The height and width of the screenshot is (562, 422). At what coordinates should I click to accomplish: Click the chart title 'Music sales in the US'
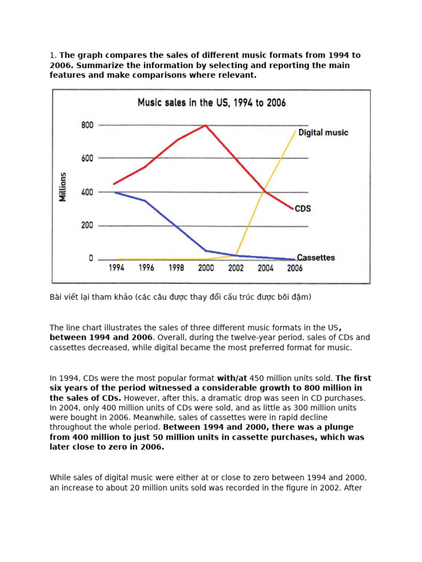tap(211, 103)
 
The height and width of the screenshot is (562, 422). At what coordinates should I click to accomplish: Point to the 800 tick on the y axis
tap(88, 125)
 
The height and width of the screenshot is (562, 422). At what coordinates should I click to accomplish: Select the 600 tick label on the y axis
tap(88, 159)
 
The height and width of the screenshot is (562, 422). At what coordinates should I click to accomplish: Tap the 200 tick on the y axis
tap(88, 226)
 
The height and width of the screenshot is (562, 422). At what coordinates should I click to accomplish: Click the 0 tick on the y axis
tap(91, 258)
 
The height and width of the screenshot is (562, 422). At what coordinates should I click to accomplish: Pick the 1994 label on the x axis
tap(116, 268)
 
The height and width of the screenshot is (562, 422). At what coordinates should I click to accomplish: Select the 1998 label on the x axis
tap(176, 268)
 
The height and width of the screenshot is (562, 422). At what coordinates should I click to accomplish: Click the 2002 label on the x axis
tap(236, 268)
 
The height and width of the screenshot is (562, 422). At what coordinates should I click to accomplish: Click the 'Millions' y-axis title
tap(63, 187)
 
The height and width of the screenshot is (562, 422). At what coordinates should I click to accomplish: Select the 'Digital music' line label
tap(323, 132)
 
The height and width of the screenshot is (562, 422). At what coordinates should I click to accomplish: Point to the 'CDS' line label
tap(303, 209)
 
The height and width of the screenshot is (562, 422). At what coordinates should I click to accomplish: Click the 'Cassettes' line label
tap(315, 257)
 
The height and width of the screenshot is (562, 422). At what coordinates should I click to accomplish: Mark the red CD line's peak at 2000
tap(206, 125)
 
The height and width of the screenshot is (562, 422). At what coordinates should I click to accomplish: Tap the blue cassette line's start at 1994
tap(114, 192)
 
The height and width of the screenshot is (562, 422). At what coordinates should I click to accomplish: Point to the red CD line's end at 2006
tap(293, 209)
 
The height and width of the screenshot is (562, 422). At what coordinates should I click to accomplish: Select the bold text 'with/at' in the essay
tap(233, 378)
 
